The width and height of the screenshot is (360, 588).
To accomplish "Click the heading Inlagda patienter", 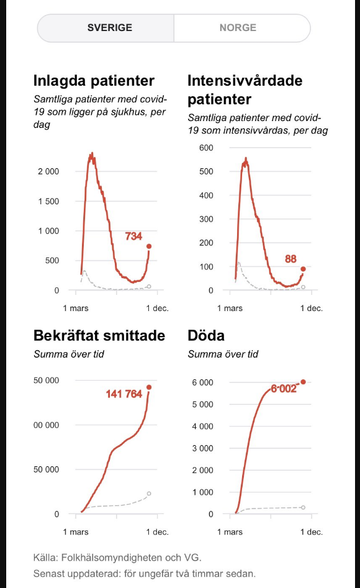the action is point(94,81).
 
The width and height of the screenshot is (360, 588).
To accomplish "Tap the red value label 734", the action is point(133,236).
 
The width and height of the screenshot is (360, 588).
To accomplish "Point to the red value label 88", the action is point(290,259).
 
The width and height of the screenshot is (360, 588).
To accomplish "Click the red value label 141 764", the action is point(124,394).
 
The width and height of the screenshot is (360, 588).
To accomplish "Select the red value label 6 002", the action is point(284,389).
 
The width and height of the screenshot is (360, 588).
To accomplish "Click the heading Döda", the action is point(206,336).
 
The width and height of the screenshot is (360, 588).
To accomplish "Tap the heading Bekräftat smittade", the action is point(99,336).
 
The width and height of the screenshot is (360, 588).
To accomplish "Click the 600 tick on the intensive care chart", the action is point(206,148).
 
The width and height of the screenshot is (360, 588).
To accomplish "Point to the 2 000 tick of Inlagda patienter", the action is point(48,171).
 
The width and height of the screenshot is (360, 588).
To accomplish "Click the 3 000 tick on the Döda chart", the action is point(202,448).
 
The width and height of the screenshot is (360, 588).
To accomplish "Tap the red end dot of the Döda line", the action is point(303,382).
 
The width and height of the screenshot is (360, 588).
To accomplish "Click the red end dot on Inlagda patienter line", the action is point(149,247).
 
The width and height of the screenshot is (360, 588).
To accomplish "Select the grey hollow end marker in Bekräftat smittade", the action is point(149,494).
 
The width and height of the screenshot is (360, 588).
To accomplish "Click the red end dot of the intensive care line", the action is point(303,269).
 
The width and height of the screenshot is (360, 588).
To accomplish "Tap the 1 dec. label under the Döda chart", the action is point(311,531).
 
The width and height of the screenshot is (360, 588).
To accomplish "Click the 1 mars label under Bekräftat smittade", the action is point(76,531).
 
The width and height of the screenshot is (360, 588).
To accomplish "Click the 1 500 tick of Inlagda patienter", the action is point(48,201).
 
